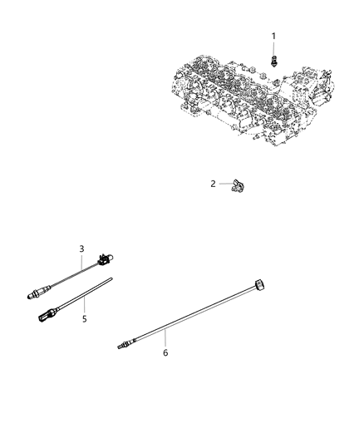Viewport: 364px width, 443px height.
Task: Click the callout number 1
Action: click(x=274, y=35)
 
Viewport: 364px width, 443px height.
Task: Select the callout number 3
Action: click(x=81, y=249)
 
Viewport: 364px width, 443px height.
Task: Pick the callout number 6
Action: click(x=165, y=352)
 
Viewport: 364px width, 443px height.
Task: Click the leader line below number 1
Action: click(x=274, y=47)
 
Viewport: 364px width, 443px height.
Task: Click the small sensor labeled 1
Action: click(x=274, y=61)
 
